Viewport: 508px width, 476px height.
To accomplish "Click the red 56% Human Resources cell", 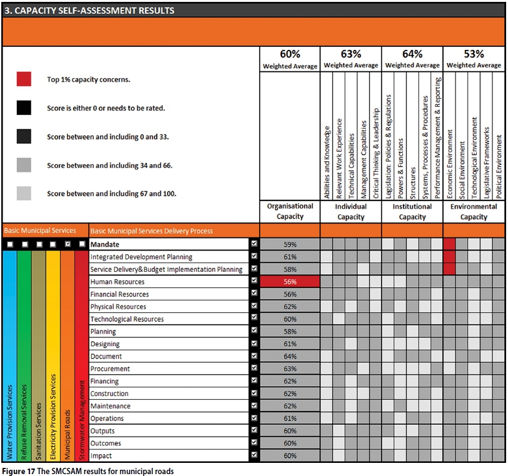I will point(290,282).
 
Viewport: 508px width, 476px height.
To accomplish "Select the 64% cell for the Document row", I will point(290,357).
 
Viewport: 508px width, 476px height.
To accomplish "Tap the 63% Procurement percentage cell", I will point(290,369).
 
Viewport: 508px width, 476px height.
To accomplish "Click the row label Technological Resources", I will point(127,319).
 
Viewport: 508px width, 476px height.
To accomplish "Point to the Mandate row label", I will point(106,244).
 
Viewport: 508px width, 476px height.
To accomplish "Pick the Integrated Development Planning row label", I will point(141,257).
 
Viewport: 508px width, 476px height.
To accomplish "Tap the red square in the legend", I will point(24,79).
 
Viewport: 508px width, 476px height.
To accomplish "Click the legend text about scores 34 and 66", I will point(109,166).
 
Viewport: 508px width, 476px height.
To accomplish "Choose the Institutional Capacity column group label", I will point(412,212).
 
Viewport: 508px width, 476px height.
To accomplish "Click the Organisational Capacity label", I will point(290,212).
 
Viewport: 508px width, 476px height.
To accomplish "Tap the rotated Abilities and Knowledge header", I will point(327,162).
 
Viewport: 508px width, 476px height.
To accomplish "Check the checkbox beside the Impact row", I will point(254,456).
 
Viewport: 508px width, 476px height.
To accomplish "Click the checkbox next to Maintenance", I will point(254,406).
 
